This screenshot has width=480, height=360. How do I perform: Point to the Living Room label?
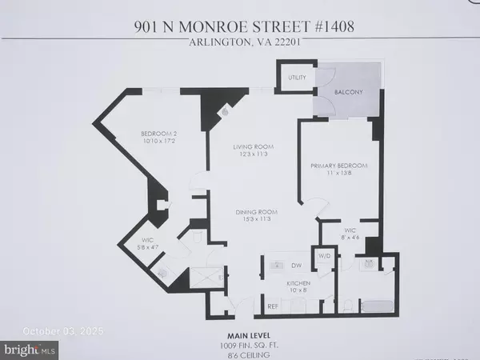tap(232, 147)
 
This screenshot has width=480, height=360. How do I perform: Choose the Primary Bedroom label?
tap(339, 166)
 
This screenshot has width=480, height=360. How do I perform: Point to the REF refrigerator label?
tap(273, 306)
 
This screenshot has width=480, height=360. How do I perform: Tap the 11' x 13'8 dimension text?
tap(339, 174)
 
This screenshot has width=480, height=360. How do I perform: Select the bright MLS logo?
tap(30, 349)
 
